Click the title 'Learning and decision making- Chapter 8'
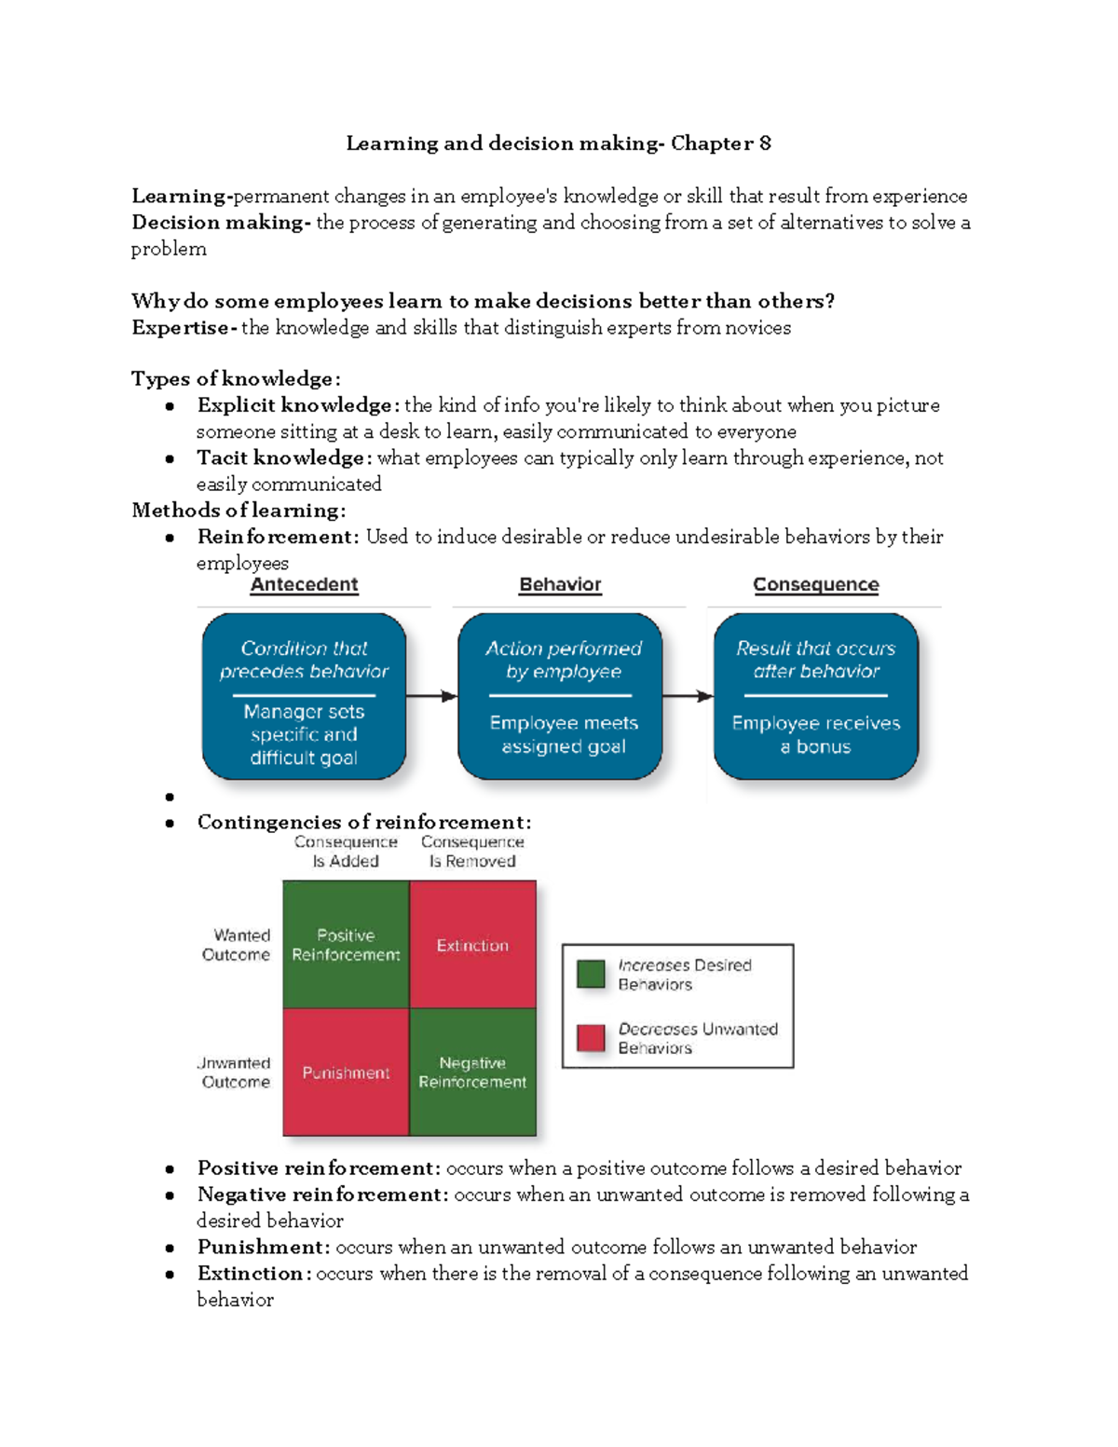pos(558,143)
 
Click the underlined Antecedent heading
pos(304,584)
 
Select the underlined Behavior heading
pos(560,584)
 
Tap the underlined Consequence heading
pos(815,584)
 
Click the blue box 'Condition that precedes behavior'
pos(304,695)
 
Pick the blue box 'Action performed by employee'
pos(560,695)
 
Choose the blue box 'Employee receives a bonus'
pos(815,695)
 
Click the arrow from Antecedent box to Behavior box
pos(431,696)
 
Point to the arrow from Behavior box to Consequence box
pos(688,696)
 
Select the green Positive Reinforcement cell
pos(346,945)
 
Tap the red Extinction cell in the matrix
pos(472,945)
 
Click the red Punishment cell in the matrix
pos(346,1072)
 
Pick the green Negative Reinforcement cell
pos(472,1072)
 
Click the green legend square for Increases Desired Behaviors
pos(591,974)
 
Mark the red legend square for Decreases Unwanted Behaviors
pos(591,1037)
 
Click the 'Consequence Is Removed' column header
pos(472,852)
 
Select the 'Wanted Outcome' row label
pos(238,945)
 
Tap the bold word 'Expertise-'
pos(184,327)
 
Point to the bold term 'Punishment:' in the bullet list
pos(263,1247)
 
